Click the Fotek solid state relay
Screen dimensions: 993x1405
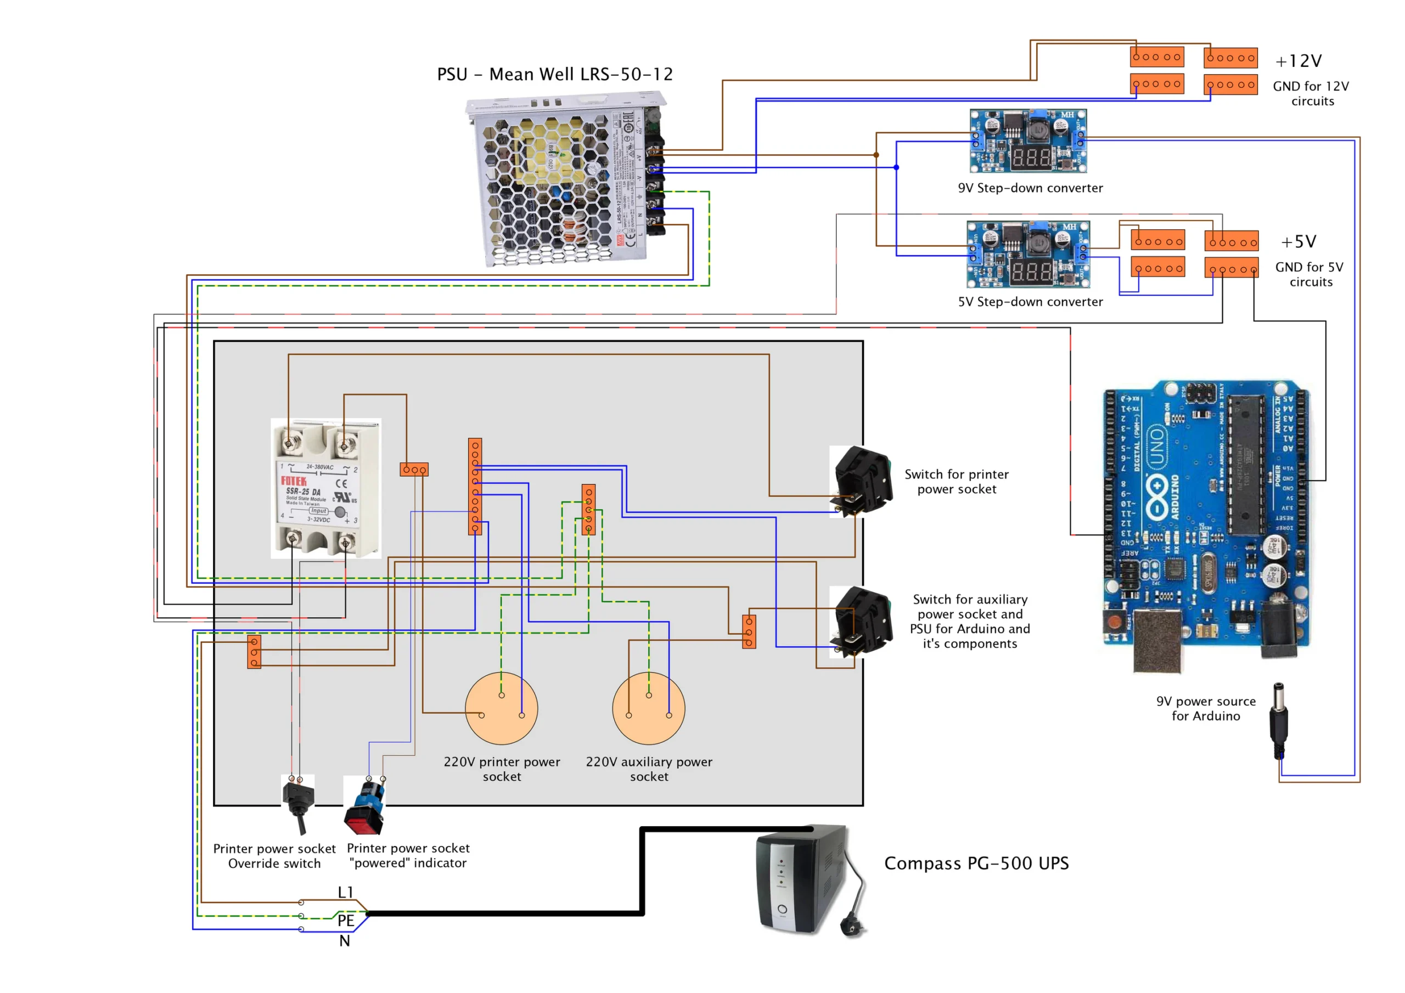[x=325, y=488]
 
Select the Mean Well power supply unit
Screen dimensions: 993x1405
[x=566, y=179]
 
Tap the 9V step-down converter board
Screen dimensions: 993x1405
[x=1028, y=141]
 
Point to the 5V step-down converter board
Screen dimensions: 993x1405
[x=1028, y=254]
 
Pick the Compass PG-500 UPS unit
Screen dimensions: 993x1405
[x=802, y=879]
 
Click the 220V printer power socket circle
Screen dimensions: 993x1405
[x=501, y=708]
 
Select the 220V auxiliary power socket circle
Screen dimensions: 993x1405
[x=649, y=708]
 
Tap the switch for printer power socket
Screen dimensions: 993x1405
[x=862, y=482]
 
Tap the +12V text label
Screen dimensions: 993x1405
[x=1298, y=61]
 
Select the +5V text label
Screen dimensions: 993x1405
[x=1298, y=242]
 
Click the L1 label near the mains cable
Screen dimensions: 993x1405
[x=346, y=892]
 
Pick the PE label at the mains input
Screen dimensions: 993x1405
[x=346, y=920]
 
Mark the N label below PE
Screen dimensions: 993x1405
[x=345, y=941]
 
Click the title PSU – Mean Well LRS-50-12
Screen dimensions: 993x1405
[x=554, y=74]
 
